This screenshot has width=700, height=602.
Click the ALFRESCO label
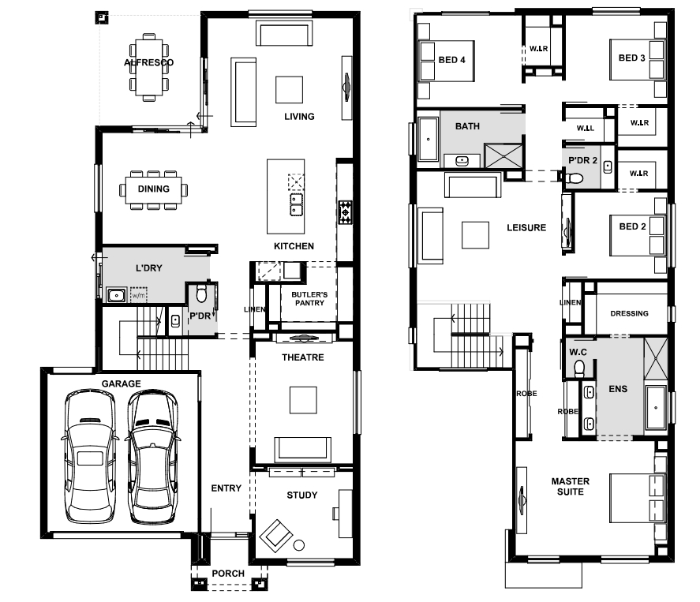(148, 62)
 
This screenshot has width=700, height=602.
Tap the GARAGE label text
(121, 383)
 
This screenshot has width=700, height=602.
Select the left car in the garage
(90, 456)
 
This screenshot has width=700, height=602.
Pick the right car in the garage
(152, 457)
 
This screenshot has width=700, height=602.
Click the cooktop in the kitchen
(345, 212)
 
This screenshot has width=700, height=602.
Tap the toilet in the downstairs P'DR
(201, 294)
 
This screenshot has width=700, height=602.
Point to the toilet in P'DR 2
(574, 179)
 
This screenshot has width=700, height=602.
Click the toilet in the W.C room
(579, 368)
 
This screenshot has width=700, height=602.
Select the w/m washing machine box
(138, 295)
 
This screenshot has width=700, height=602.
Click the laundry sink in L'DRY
(117, 295)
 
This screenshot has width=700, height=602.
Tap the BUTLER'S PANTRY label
(309, 298)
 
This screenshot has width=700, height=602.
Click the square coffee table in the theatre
(303, 400)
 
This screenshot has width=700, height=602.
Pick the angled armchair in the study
(276, 536)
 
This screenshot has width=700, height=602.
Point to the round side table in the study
(299, 545)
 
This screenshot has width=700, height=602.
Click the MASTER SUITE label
(571, 487)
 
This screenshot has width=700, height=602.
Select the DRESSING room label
(630, 313)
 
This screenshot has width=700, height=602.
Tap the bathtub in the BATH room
(429, 139)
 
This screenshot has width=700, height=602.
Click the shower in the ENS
(656, 359)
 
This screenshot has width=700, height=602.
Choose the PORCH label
(228, 574)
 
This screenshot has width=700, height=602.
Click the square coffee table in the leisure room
(475, 235)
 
